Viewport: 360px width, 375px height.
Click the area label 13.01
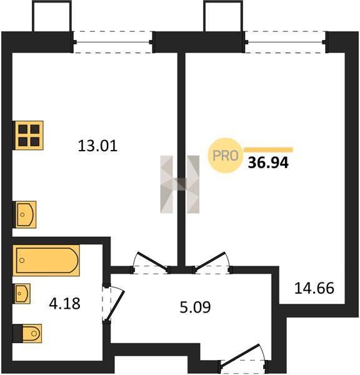(97, 146)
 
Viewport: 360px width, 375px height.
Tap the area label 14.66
(314, 288)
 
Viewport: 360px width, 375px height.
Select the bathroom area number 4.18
(64, 303)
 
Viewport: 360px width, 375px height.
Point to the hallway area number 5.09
(195, 307)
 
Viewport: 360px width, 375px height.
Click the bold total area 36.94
(268, 163)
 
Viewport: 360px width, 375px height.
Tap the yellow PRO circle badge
(226, 156)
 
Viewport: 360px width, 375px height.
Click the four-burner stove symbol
(28, 136)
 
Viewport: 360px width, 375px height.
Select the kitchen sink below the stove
(24, 214)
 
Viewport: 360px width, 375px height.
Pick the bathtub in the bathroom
(46, 260)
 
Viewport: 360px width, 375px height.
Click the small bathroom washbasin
(22, 294)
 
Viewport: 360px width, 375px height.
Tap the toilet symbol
(27, 333)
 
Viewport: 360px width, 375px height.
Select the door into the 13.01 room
(150, 262)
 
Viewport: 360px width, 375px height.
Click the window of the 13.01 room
(113, 42)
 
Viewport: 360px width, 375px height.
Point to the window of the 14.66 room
(285, 42)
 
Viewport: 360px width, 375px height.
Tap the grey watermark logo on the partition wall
(179, 184)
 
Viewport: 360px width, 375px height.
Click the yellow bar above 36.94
(268, 150)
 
